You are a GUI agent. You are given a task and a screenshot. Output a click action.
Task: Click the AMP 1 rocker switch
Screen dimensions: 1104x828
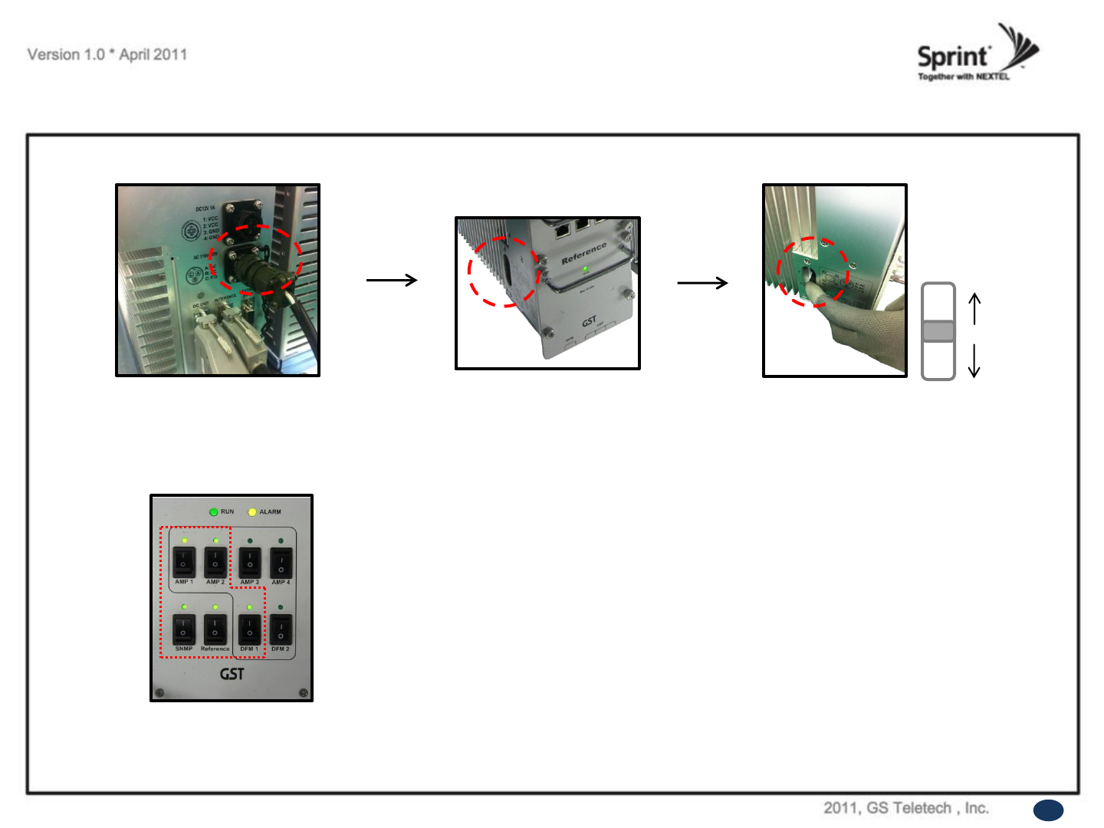coord(184,562)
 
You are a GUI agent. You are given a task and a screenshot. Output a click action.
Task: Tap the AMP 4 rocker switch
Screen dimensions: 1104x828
coord(281,562)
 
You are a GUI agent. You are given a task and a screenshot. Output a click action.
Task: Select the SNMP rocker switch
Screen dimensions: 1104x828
coord(184,629)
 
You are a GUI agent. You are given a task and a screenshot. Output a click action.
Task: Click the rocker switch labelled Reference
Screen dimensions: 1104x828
coord(215,629)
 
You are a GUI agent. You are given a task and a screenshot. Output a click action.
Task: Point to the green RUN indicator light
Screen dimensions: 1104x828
coord(214,511)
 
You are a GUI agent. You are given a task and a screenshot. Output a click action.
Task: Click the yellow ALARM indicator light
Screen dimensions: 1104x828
coord(251,511)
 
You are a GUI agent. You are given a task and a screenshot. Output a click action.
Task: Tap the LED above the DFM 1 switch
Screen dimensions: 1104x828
coord(249,607)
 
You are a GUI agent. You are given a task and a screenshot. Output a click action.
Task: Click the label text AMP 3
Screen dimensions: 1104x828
coord(249,582)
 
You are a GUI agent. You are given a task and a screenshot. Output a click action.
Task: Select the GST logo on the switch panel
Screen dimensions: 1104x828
coord(232,674)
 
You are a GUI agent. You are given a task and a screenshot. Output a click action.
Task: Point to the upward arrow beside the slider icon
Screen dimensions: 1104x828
coord(974,308)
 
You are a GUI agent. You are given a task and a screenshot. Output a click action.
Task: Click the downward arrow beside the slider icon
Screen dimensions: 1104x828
coord(974,360)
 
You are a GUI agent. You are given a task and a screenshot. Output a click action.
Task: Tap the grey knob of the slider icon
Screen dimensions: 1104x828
coord(938,331)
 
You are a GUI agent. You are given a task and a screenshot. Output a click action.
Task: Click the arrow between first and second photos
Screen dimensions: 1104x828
coord(392,280)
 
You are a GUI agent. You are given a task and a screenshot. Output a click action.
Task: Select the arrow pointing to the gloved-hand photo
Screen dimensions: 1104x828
coord(702,283)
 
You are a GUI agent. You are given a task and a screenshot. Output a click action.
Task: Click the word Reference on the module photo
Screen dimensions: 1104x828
coord(583,254)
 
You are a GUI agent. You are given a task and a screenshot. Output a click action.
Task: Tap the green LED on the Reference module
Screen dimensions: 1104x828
coord(586,269)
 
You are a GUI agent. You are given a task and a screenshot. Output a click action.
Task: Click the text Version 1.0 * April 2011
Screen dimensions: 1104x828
coord(107,54)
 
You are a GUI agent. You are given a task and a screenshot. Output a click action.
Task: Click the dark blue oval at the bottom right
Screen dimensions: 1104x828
coord(1048,810)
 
